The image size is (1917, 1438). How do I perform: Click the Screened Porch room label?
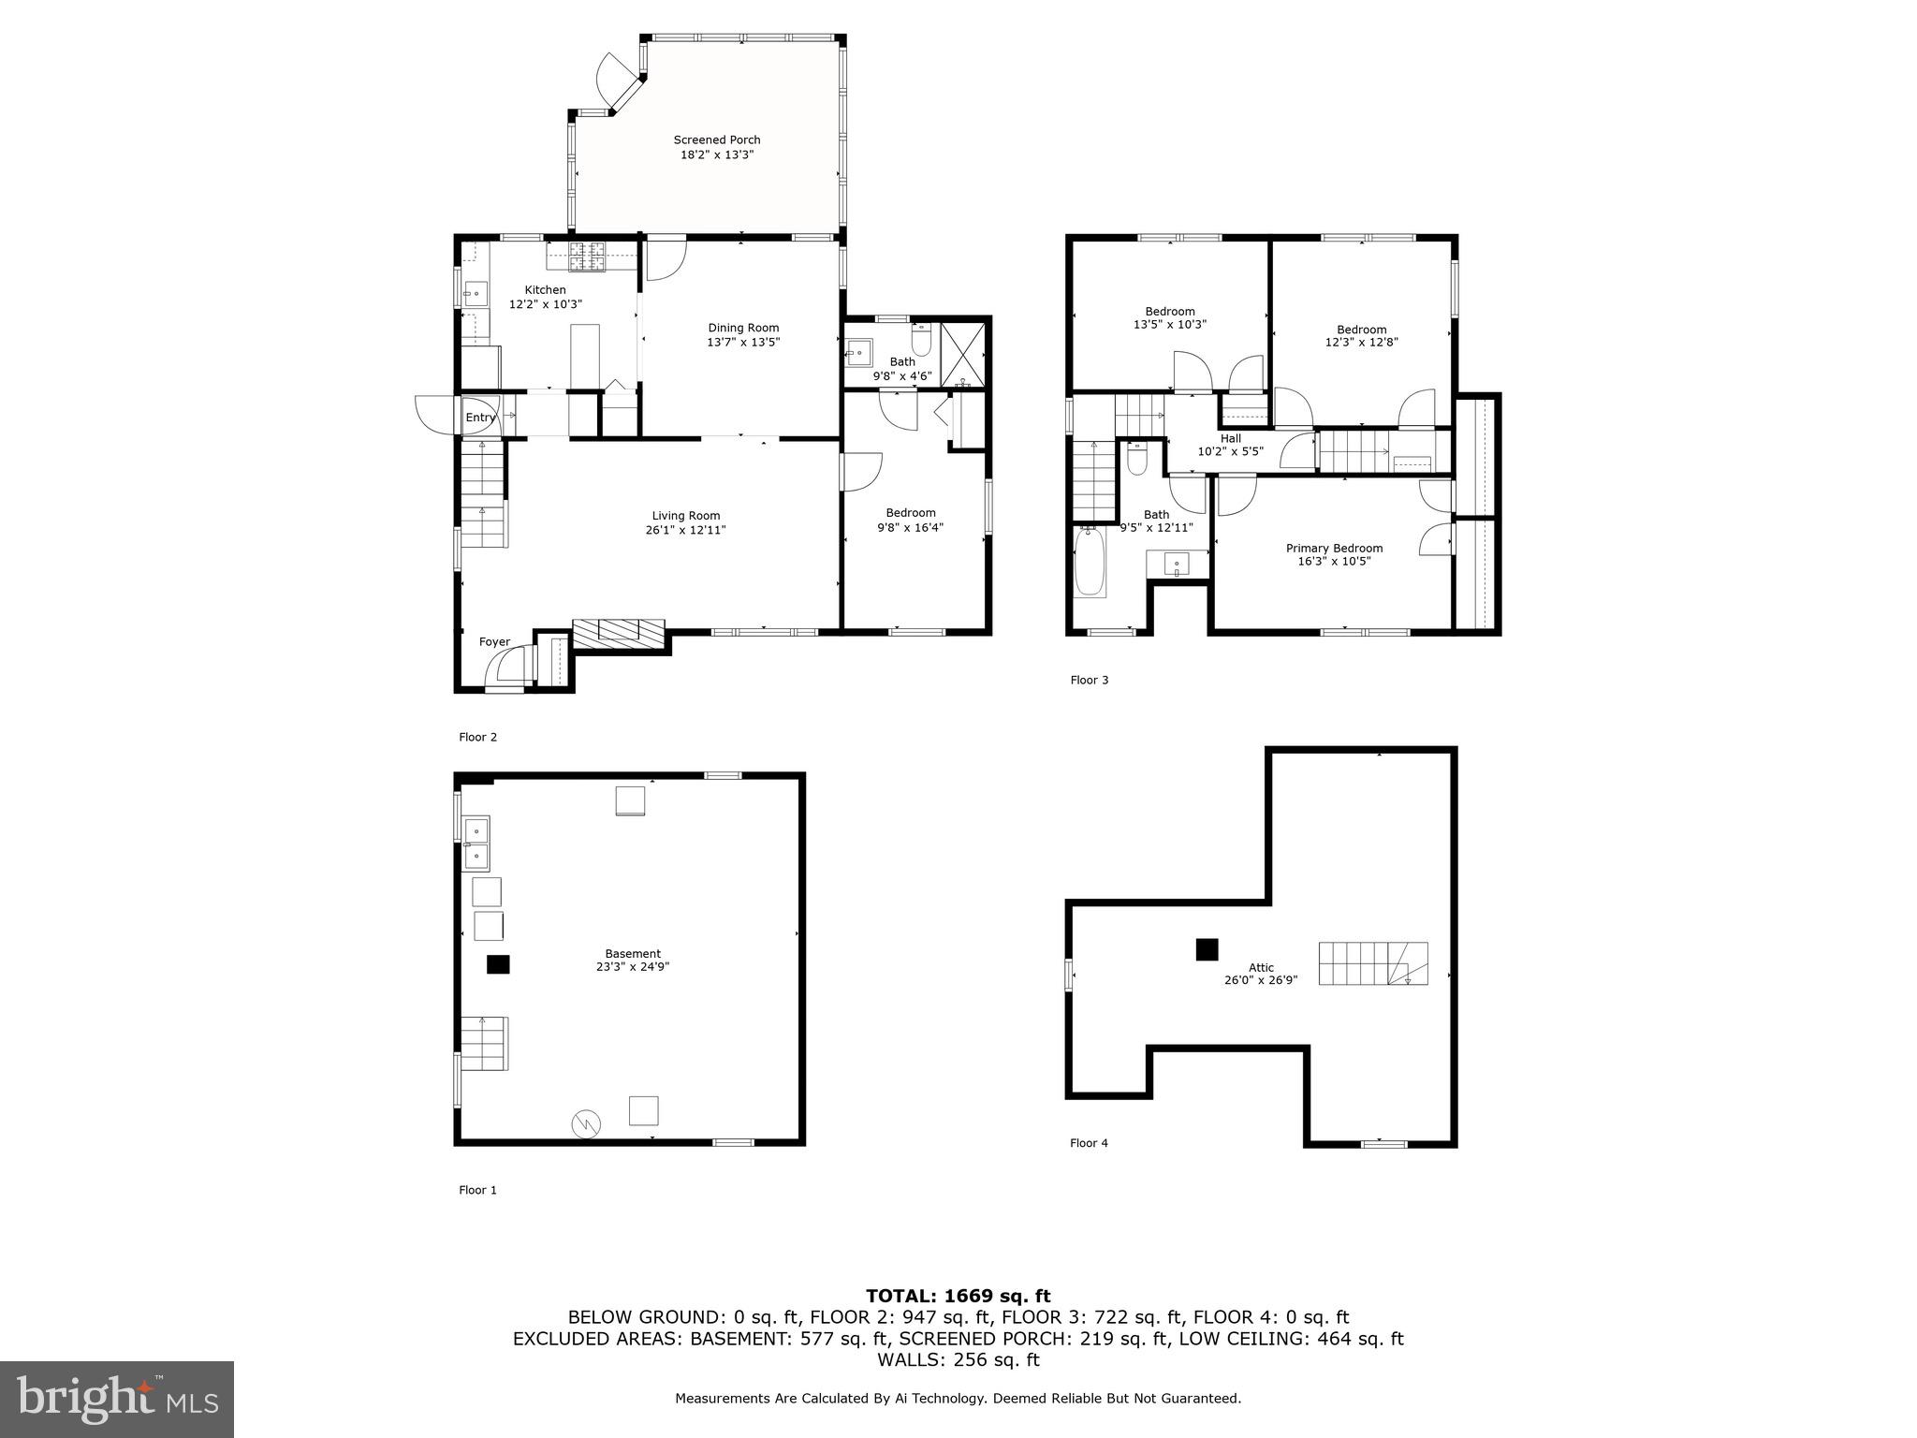pos(717,140)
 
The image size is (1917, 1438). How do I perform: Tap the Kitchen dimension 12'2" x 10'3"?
pos(545,304)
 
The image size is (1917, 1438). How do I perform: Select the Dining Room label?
pos(743,328)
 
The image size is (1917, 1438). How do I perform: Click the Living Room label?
pos(686,516)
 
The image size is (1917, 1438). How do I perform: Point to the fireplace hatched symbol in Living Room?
pos(619,633)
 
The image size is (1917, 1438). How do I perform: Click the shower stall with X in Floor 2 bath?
pos(963,355)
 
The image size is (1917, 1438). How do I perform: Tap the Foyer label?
pos(494,642)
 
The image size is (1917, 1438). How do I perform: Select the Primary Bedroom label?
pos(1334,549)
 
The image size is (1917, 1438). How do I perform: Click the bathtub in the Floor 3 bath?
pos(1090,563)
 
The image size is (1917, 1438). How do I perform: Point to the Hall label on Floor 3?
pos(1231,438)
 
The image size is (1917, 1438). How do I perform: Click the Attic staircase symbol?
pos(1373,963)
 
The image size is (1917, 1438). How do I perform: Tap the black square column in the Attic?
pos(1207,949)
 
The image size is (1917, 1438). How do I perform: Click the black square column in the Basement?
pos(498,964)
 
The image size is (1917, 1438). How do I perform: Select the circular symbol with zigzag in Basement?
pos(587,1123)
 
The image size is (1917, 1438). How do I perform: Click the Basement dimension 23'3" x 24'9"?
pos(633,967)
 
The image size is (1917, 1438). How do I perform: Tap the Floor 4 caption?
pos(1089,1143)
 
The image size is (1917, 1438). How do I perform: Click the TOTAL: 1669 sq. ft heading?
pos(958,1296)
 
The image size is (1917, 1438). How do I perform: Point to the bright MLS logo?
pos(117,1399)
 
